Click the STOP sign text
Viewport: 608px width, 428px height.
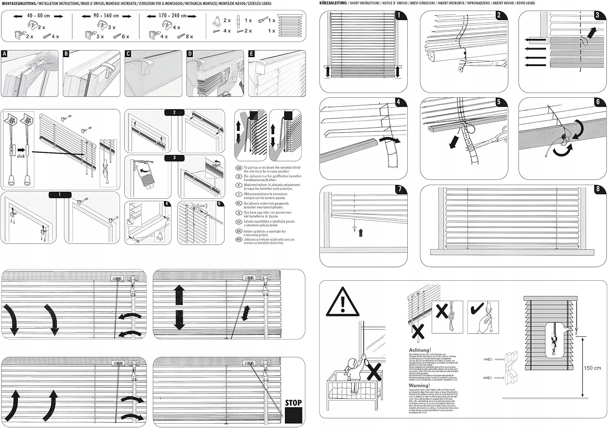click(x=293, y=402)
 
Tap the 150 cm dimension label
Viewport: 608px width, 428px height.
click(x=592, y=368)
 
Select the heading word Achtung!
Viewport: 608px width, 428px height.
click(x=420, y=350)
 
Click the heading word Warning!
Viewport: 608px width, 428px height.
click(x=420, y=385)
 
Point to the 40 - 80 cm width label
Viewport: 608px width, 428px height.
click(x=39, y=16)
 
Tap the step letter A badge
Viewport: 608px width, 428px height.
click(x=4, y=54)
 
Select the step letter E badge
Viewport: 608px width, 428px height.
click(x=251, y=54)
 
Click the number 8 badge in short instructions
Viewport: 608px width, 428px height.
click(x=598, y=189)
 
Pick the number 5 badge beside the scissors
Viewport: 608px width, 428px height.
click(x=499, y=102)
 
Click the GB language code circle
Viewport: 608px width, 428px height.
click(x=239, y=168)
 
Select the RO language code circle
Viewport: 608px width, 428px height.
click(x=239, y=240)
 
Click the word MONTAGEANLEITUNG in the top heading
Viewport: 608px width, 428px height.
click(x=18, y=3)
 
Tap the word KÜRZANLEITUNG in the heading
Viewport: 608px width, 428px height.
click(x=333, y=3)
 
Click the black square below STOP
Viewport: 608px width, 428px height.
click(x=293, y=415)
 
